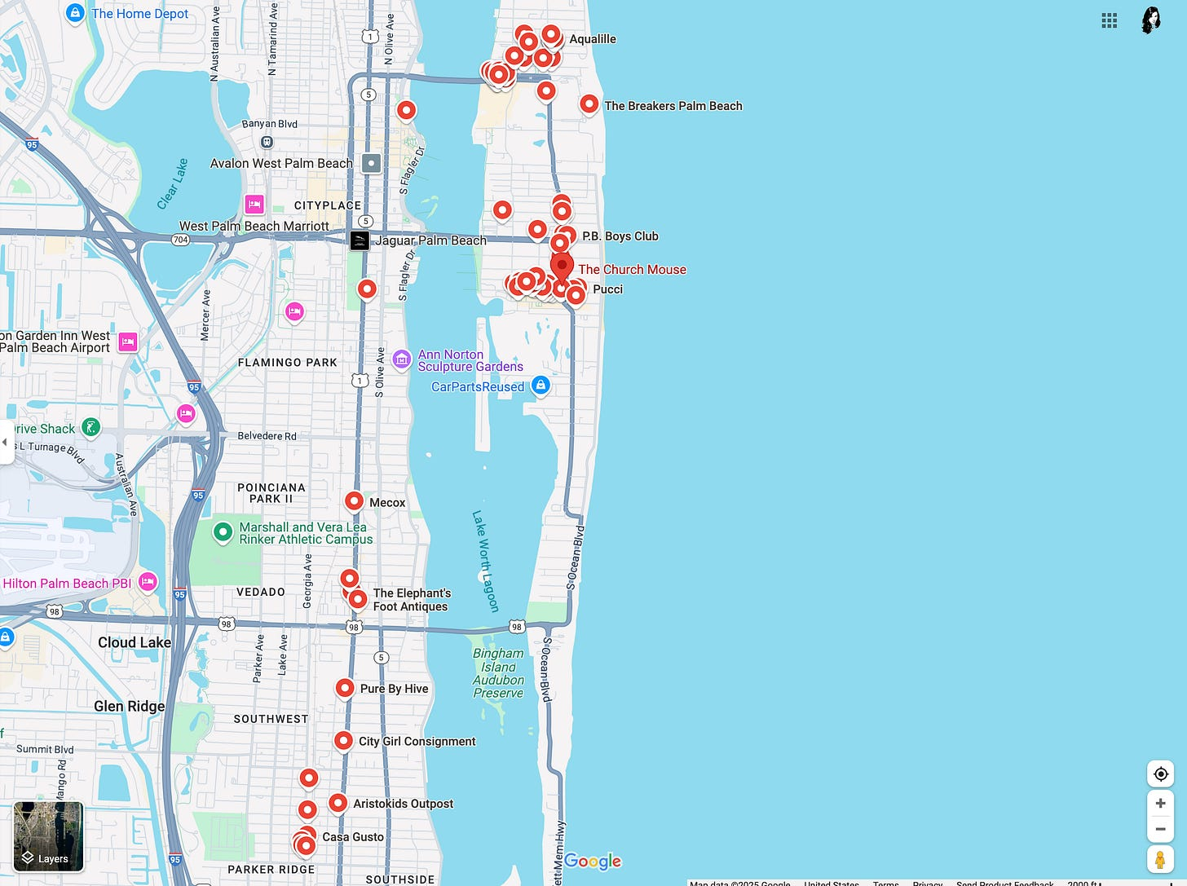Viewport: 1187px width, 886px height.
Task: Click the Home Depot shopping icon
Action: tap(75, 13)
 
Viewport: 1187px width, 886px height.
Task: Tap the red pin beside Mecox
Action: tap(354, 501)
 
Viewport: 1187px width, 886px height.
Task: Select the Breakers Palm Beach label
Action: tap(673, 106)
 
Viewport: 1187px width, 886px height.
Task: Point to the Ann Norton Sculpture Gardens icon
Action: tap(401, 359)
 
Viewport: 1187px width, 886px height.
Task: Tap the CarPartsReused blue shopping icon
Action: tap(541, 385)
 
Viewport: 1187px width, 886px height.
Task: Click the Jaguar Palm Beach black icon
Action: tap(360, 240)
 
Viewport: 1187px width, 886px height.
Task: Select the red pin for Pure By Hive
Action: tap(345, 688)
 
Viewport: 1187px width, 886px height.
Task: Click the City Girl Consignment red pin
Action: tap(343, 741)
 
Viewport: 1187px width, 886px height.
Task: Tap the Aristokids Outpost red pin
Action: tap(338, 803)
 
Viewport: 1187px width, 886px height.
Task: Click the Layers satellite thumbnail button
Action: tap(48, 835)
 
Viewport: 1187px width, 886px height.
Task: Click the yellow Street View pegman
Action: tap(1160, 859)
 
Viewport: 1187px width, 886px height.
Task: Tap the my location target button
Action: tap(1160, 774)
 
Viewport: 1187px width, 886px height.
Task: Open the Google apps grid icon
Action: tap(1109, 20)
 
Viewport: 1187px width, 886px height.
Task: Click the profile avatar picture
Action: tap(1151, 20)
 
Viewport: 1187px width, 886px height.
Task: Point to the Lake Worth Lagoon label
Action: tap(485, 561)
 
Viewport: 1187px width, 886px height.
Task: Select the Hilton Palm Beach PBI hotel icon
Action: tap(148, 582)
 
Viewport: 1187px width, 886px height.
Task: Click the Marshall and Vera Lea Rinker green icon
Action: tap(223, 532)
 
